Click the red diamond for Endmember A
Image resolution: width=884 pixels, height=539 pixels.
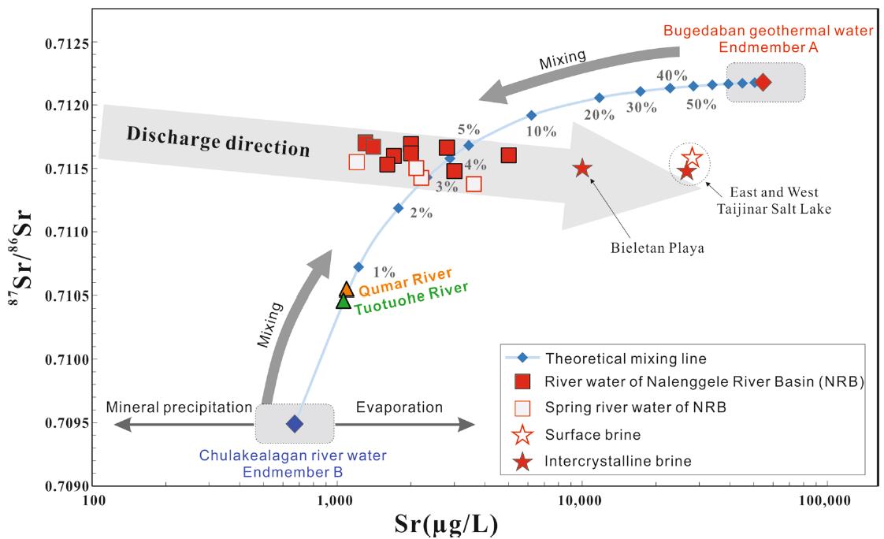[x=763, y=82]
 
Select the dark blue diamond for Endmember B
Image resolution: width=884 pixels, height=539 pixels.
[x=294, y=424]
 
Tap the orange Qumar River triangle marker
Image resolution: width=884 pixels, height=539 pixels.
[x=346, y=289]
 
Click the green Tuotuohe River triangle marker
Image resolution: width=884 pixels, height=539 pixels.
[x=344, y=300]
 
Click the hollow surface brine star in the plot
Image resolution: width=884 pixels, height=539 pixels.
[x=692, y=158]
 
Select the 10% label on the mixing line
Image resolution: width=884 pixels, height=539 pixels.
[x=541, y=132]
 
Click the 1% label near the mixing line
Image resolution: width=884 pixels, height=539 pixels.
[x=384, y=272]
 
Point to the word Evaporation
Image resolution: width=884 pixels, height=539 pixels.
[x=399, y=407]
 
